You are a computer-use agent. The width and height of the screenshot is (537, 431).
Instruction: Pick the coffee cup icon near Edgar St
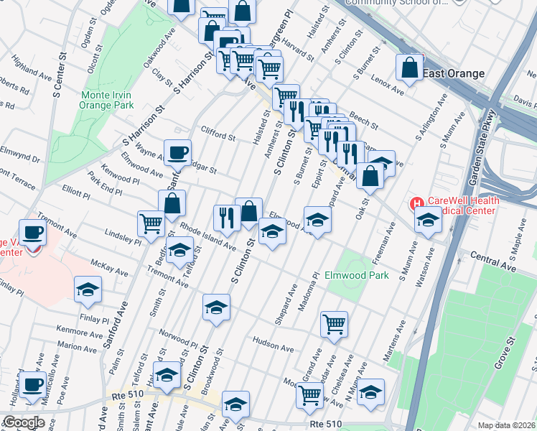(177, 152)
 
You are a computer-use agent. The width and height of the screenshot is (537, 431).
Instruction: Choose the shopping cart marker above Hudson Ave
(334, 324)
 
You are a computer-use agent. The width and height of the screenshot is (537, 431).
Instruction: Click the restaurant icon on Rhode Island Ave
(227, 218)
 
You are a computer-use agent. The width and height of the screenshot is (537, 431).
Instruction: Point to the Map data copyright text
(507, 425)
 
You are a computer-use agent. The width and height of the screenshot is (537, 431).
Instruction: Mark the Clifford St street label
(218, 135)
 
